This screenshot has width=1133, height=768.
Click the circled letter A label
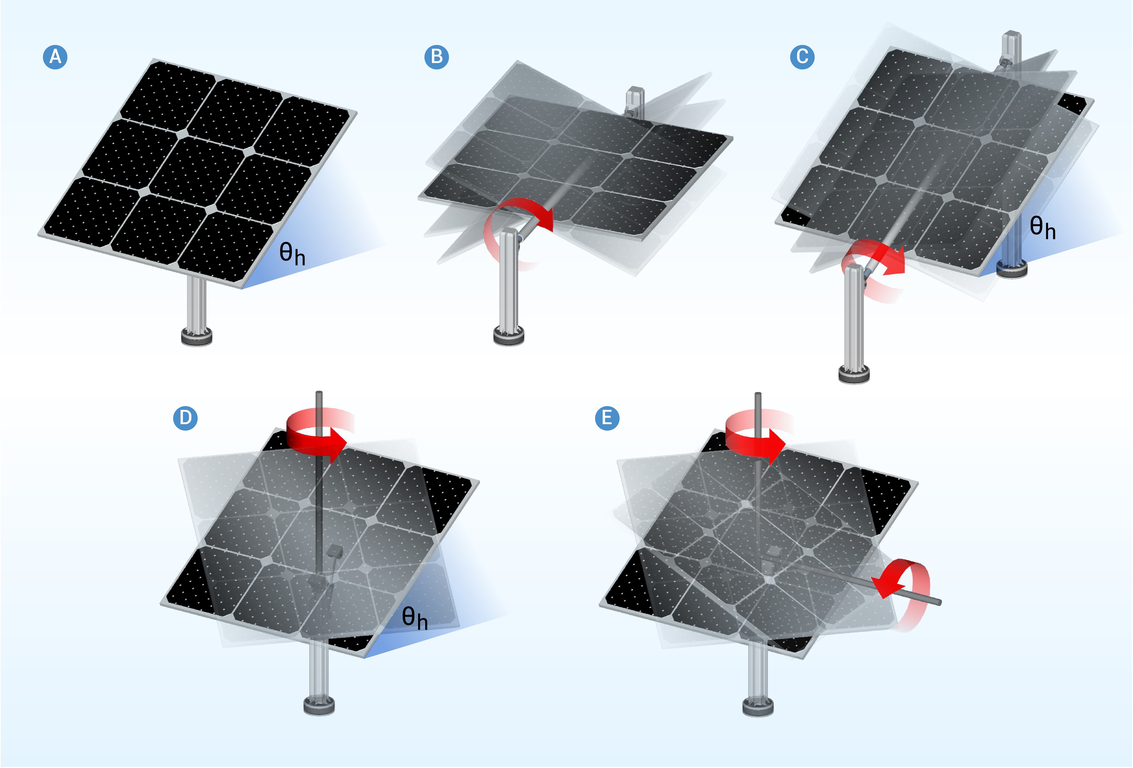click(55, 57)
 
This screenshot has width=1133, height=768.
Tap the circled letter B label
click(436, 57)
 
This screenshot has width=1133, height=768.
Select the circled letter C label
click(802, 57)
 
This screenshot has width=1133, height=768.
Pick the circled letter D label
click(185, 418)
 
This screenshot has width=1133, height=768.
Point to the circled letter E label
click(607, 418)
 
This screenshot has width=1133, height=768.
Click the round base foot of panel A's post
click(196, 337)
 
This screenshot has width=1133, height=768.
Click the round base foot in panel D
click(319, 705)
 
